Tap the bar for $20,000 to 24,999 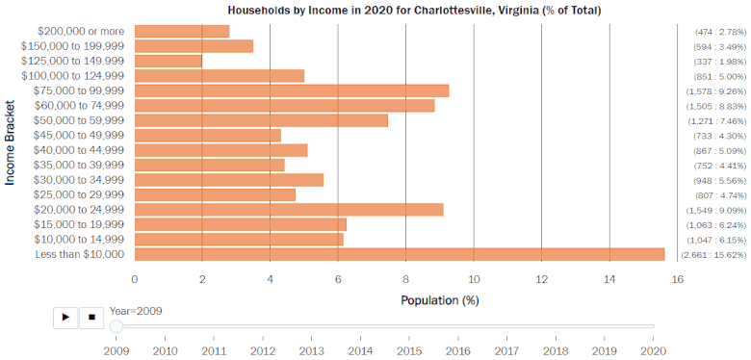[289, 209]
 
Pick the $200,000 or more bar [182, 31]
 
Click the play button [65, 316]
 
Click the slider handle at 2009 [117, 326]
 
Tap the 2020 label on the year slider [654, 351]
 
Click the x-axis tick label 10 [474, 279]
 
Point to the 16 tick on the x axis [678, 279]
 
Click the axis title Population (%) [439, 300]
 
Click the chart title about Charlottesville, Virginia [414, 11]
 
